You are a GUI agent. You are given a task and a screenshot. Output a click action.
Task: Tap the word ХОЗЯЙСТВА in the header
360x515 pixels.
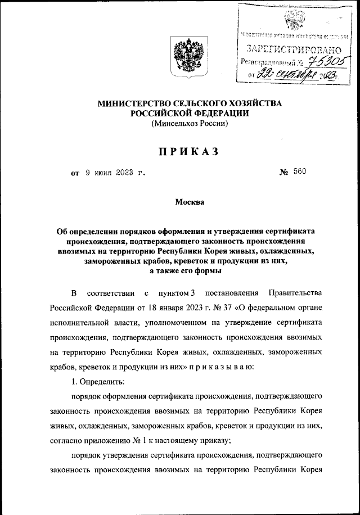click(x=243, y=104)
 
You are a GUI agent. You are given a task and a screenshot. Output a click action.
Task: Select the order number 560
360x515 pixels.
click(x=299, y=173)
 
